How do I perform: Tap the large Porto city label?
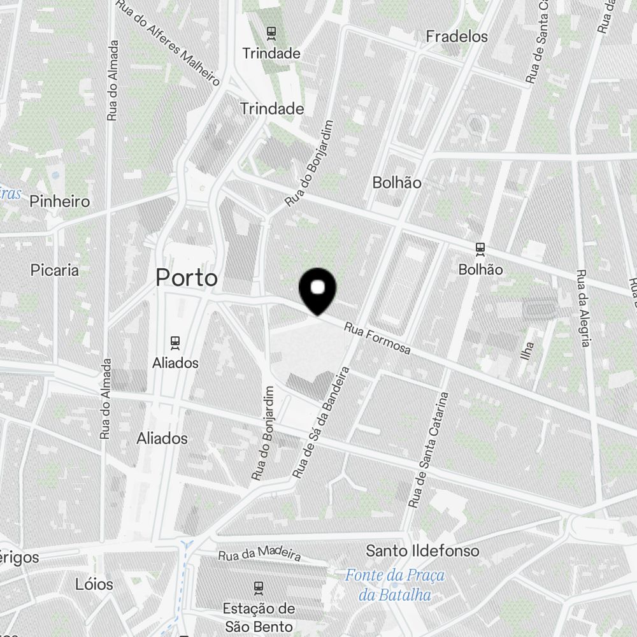click(187, 278)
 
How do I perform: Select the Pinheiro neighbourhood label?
click(60, 201)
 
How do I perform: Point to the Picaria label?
click(55, 270)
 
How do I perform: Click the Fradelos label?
click(457, 36)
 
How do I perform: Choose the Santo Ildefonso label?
click(422, 550)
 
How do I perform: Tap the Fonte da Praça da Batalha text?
click(394, 585)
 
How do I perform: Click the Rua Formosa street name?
click(378, 339)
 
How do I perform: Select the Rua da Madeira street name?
click(259, 555)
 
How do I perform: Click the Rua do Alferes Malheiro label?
click(169, 42)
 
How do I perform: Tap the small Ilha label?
click(527, 351)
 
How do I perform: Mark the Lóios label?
click(94, 584)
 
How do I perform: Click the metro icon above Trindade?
click(271, 32)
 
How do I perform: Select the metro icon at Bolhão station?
click(480, 248)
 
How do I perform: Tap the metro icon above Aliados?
click(175, 341)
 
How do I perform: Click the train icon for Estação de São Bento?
click(259, 586)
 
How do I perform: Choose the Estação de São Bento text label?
click(259, 617)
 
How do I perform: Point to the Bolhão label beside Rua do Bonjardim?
click(397, 183)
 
